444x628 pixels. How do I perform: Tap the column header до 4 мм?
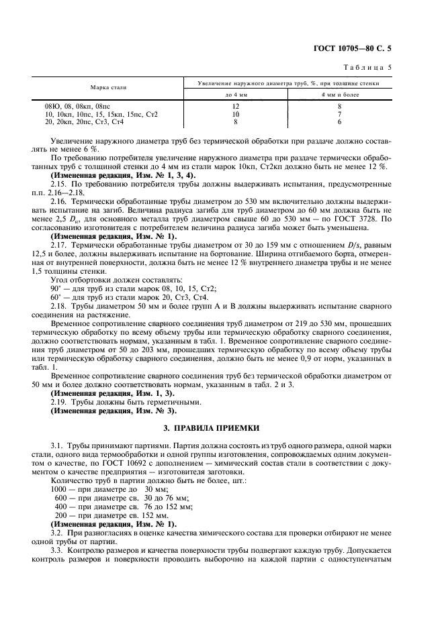pyautogui.click(x=236, y=96)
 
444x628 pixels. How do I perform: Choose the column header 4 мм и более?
pyautogui.click(x=339, y=96)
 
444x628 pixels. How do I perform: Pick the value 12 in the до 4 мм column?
pyautogui.click(x=236, y=107)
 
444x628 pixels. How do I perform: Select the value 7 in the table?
pyautogui.click(x=339, y=115)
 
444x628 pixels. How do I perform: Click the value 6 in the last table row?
pyautogui.click(x=339, y=122)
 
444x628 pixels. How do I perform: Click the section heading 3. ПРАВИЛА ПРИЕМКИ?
pyautogui.click(x=221, y=427)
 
